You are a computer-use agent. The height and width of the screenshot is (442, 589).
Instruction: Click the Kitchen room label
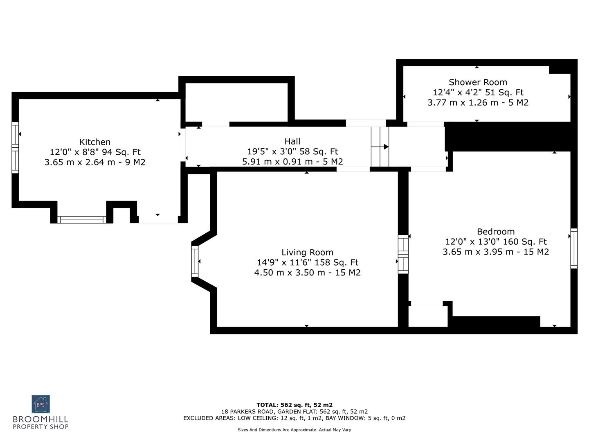pos(95,142)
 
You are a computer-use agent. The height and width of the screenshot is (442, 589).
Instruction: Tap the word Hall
pos(292,142)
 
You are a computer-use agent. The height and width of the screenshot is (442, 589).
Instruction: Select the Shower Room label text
pos(478,82)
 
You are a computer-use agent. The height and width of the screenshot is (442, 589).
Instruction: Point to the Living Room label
pos(307,253)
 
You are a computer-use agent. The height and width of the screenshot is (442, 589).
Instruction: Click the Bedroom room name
pos(496,232)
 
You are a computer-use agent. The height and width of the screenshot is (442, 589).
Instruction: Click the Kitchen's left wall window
pos(15,147)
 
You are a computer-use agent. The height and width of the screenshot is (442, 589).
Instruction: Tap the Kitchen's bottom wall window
pos(81,220)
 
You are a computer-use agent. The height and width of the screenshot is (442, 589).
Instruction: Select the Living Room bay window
pos(195,261)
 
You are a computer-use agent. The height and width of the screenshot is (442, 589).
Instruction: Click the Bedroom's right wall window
pos(574,248)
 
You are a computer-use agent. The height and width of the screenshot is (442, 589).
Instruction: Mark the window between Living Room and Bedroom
pos(403,254)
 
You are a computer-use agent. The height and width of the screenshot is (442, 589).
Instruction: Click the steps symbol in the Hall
pos(380,147)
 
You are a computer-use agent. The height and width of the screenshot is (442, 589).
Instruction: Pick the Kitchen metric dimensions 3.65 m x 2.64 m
pos(95,162)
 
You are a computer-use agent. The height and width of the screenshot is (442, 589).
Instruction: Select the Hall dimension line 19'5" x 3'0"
pos(292,151)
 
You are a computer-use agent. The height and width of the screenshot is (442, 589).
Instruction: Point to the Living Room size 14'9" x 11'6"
pos(307,262)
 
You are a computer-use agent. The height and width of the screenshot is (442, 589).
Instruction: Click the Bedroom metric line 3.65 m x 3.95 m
pos(496,252)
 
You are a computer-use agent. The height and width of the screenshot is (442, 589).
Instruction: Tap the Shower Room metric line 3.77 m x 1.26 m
pos(478,102)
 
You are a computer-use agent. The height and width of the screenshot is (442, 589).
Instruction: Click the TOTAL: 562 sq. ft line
pos(294,405)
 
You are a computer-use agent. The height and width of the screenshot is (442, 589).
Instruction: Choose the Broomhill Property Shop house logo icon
pos(41,404)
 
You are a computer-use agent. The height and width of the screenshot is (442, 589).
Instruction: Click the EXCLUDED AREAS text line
pos(294,418)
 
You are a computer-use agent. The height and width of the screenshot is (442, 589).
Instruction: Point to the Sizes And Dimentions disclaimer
pos(294,430)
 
